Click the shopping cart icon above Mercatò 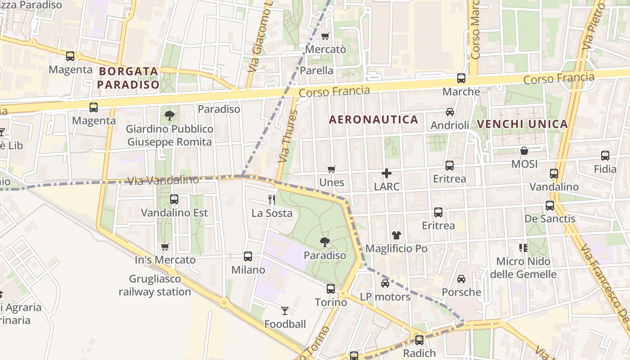click(325, 36)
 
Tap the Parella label click(316, 71)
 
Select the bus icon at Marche click(461, 78)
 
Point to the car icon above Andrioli click(450, 112)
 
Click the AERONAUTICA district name click(373, 120)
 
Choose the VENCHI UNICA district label click(522, 124)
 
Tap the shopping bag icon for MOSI click(524, 151)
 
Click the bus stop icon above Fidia click(605, 156)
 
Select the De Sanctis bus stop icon click(550, 206)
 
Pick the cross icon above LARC click(387, 173)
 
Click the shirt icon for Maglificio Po click(396, 235)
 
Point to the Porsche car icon click(461, 279)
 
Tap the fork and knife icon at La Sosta click(272, 199)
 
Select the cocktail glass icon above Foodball click(285, 310)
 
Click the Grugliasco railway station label click(155, 285)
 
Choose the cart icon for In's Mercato click(165, 247)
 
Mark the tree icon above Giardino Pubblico click(170, 116)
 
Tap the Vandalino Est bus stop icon click(174, 199)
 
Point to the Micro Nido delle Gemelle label click(523, 268)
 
